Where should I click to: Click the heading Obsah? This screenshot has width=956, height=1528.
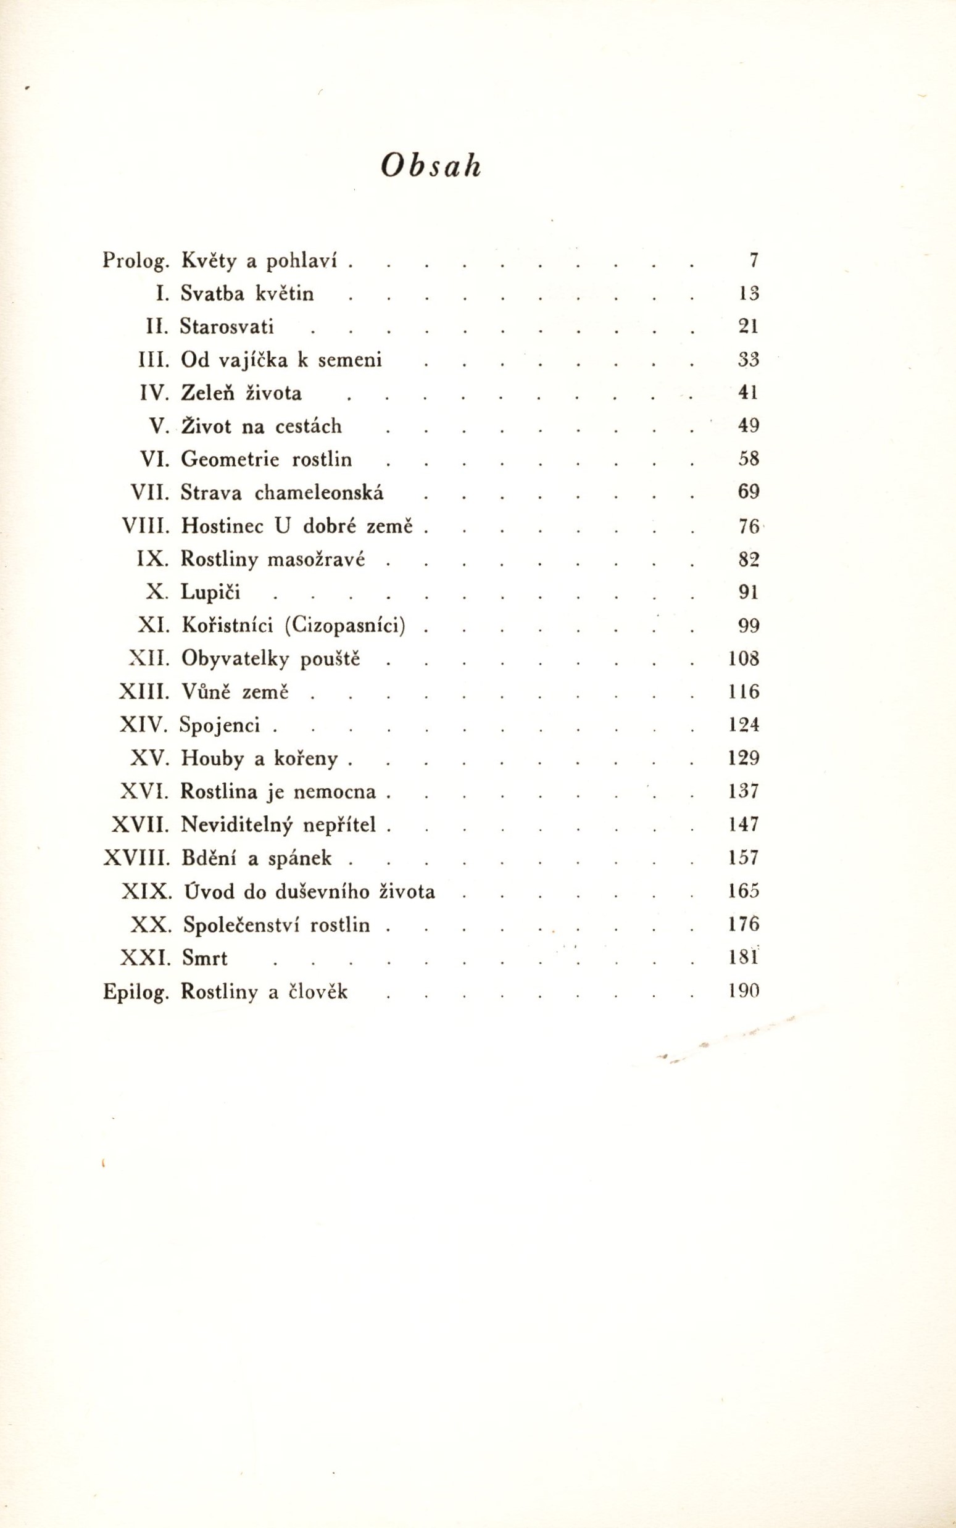[x=431, y=165]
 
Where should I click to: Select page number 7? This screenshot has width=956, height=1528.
[x=752, y=260]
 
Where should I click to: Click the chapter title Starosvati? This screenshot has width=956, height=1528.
[x=227, y=326]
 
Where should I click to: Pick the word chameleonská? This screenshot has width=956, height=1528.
[x=318, y=492]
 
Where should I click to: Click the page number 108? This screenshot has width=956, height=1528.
[x=743, y=658]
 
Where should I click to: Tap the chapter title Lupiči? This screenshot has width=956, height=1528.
[x=210, y=592]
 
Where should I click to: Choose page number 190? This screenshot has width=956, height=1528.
[x=743, y=991]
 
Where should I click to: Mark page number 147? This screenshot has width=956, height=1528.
[x=743, y=824]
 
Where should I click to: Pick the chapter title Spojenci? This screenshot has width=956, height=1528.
[x=220, y=725]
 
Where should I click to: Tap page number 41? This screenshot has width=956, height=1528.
[x=748, y=392]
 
